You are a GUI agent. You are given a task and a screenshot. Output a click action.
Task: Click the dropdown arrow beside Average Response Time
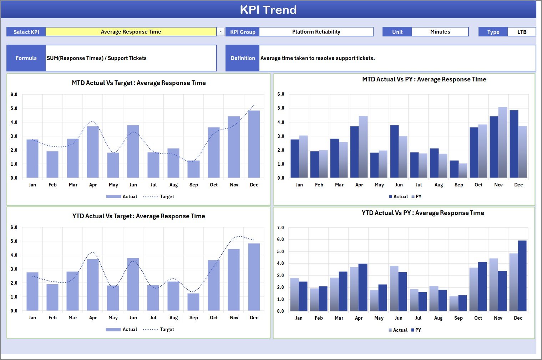[221, 32]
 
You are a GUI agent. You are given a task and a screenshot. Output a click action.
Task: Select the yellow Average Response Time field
[131, 32]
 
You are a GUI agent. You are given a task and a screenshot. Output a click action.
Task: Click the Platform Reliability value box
[316, 32]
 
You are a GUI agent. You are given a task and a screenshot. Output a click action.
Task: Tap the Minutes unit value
[440, 32]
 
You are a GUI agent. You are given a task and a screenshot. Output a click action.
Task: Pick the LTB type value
[522, 32]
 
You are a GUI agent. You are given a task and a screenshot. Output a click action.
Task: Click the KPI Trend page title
[268, 10]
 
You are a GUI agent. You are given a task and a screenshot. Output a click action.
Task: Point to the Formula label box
[26, 58]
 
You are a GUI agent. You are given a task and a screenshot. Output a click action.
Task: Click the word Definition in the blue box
[243, 58]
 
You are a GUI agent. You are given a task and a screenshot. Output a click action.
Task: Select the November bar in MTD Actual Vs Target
[234, 147]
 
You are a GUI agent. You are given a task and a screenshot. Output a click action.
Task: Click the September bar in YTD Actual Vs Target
[193, 302]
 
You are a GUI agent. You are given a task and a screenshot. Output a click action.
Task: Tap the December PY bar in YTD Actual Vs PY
[522, 276]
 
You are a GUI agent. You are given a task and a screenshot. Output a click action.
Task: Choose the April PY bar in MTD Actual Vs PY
[363, 147]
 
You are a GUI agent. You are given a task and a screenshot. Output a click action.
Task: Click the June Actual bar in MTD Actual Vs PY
[394, 151]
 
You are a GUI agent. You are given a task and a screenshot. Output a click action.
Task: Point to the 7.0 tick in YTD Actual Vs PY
[280, 228]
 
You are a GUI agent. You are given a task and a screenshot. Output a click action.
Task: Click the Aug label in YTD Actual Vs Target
[173, 318]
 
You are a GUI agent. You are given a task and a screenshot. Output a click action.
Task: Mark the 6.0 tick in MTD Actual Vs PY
[281, 94]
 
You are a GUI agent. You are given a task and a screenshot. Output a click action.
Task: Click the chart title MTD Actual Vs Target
[139, 83]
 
